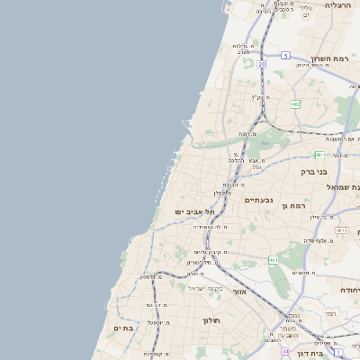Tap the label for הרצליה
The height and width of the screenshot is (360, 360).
tap(338, 5)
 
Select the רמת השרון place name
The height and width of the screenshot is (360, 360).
tap(330, 58)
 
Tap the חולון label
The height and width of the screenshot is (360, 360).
tap(212, 319)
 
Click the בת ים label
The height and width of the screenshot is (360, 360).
tap(123, 328)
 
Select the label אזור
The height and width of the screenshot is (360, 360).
tap(239, 292)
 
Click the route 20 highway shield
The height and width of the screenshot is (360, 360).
tap(261, 64)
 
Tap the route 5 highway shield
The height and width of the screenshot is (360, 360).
tap(285, 55)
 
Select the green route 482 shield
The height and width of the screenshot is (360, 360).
tap(295, 104)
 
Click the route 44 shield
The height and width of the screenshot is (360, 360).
tap(284, 351)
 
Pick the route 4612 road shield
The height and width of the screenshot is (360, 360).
tap(341, 230)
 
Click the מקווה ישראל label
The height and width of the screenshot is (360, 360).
tap(204, 288)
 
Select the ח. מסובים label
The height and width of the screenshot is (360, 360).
tap(302, 273)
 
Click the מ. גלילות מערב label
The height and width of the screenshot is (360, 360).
tap(247, 49)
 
